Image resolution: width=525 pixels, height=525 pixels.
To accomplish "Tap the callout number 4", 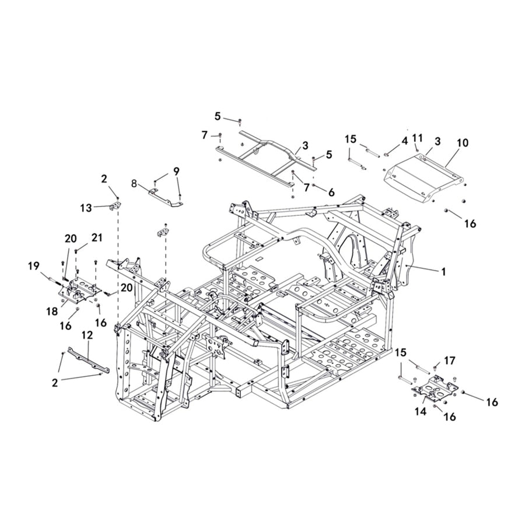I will pyautogui.click(x=404, y=141).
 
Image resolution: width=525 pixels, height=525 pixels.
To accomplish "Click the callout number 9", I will pyautogui.click(x=176, y=171).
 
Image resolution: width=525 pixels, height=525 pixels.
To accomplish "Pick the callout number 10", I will pyautogui.click(x=462, y=142).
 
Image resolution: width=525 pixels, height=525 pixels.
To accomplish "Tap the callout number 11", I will pyautogui.click(x=416, y=138).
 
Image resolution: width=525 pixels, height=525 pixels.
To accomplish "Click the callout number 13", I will pyautogui.click(x=86, y=208).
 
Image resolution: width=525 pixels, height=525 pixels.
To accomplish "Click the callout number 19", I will pyautogui.click(x=34, y=266).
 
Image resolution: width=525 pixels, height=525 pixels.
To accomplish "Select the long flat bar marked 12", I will pyautogui.click(x=87, y=361).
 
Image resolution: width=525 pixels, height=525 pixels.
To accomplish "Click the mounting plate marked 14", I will pyautogui.click(x=435, y=390).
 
